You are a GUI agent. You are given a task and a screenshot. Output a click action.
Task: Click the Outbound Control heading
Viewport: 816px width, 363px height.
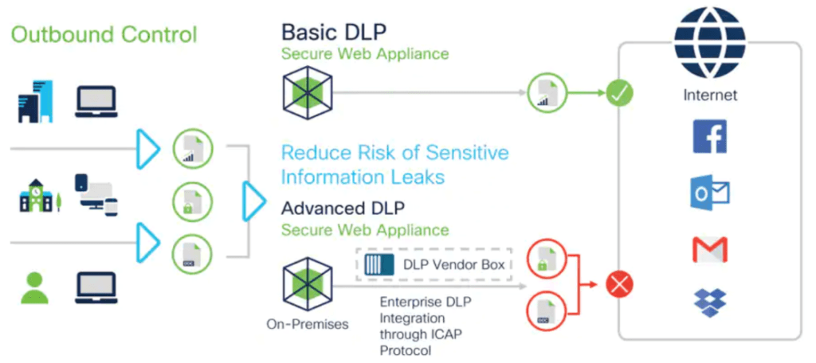pyautogui.click(x=104, y=35)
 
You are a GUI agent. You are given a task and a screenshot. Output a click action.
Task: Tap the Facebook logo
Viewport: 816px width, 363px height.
pyautogui.click(x=710, y=137)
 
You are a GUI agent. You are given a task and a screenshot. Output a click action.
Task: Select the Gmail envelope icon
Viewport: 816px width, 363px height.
pyautogui.click(x=710, y=249)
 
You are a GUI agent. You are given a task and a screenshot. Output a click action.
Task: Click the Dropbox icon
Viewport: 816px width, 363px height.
pyautogui.click(x=710, y=302)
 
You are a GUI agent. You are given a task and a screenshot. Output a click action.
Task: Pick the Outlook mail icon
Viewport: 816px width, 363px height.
pyautogui.click(x=710, y=193)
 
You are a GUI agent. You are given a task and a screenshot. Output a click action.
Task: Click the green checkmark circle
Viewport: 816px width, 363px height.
pyautogui.click(x=619, y=94)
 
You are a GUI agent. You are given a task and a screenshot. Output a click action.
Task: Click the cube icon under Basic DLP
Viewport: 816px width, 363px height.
pyautogui.click(x=307, y=93)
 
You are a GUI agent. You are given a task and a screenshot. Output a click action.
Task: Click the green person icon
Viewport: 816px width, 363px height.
pyautogui.click(x=34, y=288)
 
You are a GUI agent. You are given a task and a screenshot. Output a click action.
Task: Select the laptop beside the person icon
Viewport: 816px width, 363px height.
pyautogui.click(x=96, y=288)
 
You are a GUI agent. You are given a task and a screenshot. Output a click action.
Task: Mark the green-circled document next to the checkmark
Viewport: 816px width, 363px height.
pyautogui.click(x=547, y=94)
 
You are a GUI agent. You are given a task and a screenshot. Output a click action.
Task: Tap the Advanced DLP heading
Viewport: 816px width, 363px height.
pyautogui.click(x=343, y=209)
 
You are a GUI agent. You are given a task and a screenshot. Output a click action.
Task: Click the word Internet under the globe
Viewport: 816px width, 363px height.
pyautogui.click(x=710, y=95)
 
